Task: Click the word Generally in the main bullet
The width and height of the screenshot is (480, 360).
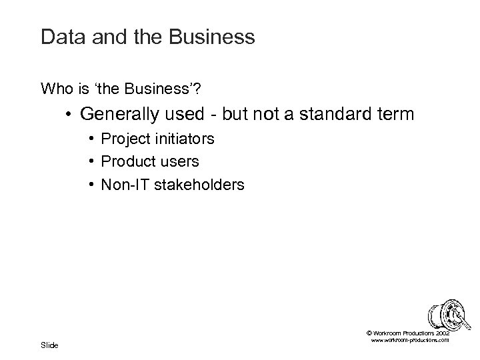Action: (118, 115)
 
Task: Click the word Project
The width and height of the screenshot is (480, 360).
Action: (123, 139)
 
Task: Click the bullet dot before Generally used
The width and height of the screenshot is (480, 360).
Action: (69, 115)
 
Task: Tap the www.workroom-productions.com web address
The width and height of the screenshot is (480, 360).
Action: (408, 340)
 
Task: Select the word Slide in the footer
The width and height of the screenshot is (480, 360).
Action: (49, 345)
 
